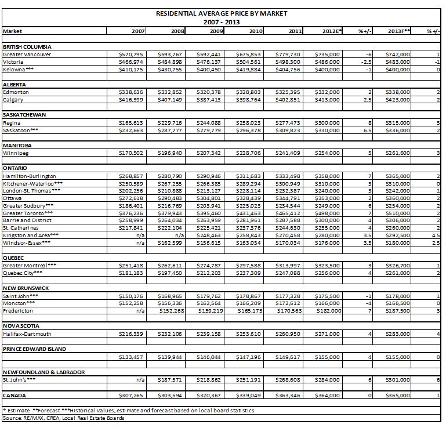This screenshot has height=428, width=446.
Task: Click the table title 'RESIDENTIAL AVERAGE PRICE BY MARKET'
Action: tap(222, 13)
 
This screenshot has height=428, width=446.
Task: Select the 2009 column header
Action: tap(214, 31)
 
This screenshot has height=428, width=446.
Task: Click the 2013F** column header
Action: tap(399, 31)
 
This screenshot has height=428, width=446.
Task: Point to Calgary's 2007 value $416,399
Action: tap(131, 99)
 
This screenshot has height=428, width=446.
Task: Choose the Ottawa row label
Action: tap(12, 198)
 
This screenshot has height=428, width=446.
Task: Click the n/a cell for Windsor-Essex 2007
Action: tap(140, 242)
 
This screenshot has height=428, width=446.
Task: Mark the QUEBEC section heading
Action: tap(15, 257)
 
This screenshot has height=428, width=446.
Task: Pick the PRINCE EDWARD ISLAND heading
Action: tap(34, 349)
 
